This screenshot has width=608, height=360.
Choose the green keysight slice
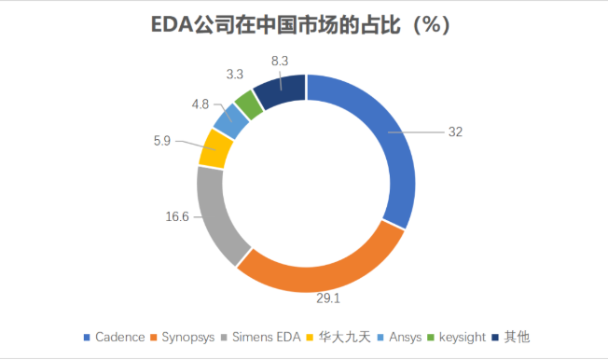(x=247, y=101)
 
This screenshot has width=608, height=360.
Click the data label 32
(x=455, y=132)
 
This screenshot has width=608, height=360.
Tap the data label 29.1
(x=326, y=300)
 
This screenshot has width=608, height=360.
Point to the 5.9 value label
(x=160, y=141)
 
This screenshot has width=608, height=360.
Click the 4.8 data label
(x=200, y=103)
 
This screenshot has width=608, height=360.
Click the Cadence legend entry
(x=117, y=337)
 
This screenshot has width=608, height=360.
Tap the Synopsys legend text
(x=193, y=337)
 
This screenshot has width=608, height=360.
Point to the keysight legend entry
(x=461, y=337)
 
